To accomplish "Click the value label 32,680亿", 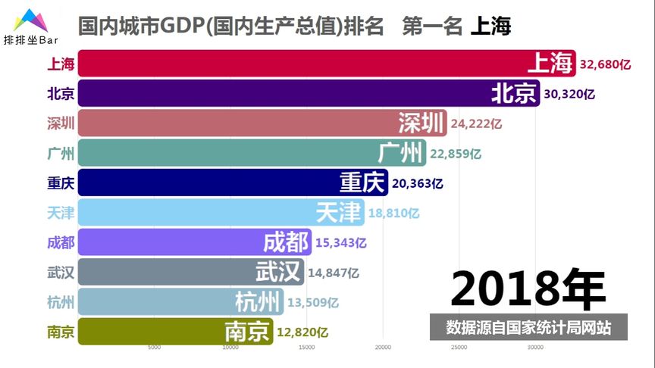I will (x=605, y=65).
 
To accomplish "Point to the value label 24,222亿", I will (x=476, y=123).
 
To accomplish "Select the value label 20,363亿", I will (x=417, y=183).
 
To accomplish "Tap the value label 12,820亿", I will (x=302, y=332).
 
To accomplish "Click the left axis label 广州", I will (x=61, y=154).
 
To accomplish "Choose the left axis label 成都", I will (x=61, y=243).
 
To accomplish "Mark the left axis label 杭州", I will (x=61, y=302).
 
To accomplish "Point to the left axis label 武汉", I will (x=61, y=273).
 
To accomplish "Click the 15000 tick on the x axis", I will (x=306, y=348).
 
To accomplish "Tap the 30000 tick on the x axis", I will (x=535, y=348).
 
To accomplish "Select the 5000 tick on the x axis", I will (x=154, y=348).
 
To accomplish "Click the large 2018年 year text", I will (x=528, y=288).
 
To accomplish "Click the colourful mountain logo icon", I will (x=30, y=20).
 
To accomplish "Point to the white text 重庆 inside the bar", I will (x=362, y=183).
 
